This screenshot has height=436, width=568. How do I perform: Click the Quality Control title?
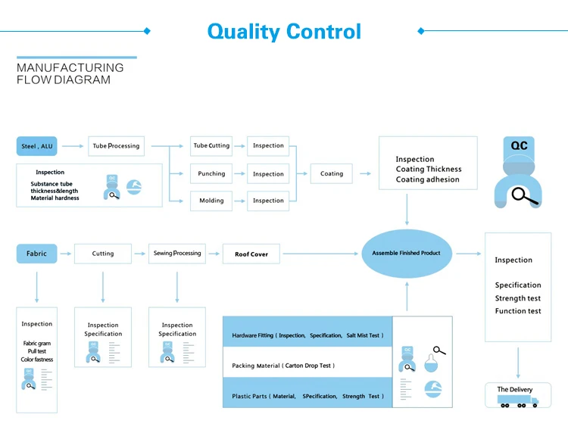pyautogui.click(x=284, y=32)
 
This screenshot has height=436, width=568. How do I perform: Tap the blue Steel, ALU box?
pyautogui.click(x=36, y=146)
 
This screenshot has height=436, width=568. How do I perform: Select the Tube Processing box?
pyautogui.click(x=117, y=146)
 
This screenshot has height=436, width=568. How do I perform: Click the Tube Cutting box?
pyautogui.click(x=211, y=146)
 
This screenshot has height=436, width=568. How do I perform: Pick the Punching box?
pyautogui.click(x=211, y=173)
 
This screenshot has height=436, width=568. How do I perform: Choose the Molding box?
pyautogui.click(x=211, y=201)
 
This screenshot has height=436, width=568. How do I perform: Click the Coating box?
pyautogui.click(x=332, y=173)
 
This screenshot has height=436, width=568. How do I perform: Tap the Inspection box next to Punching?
pyautogui.click(x=268, y=173)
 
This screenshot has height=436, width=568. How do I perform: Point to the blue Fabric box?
pyautogui.click(x=36, y=254)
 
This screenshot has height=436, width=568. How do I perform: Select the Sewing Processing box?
pyautogui.click(x=177, y=254)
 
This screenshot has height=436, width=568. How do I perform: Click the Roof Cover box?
pyautogui.click(x=251, y=254)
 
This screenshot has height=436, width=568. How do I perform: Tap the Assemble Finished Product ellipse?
pyautogui.click(x=407, y=254)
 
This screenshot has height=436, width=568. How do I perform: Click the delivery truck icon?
pyautogui.click(x=518, y=401)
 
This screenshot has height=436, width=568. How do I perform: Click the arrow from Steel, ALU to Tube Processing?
pyautogui.click(x=73, y=146)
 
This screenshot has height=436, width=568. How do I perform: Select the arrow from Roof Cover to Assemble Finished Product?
pyautogui.click(x=320, y=254)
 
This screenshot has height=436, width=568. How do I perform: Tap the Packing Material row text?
pyautogui.click(x=283, y=366)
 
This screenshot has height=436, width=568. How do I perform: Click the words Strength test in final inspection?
pyautogui.click(x=518, y=298)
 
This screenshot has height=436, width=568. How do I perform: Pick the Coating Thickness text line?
pyautogui.click(x=429, y=169)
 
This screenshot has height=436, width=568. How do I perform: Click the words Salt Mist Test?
pyautogui.click(x=363, y=335)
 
